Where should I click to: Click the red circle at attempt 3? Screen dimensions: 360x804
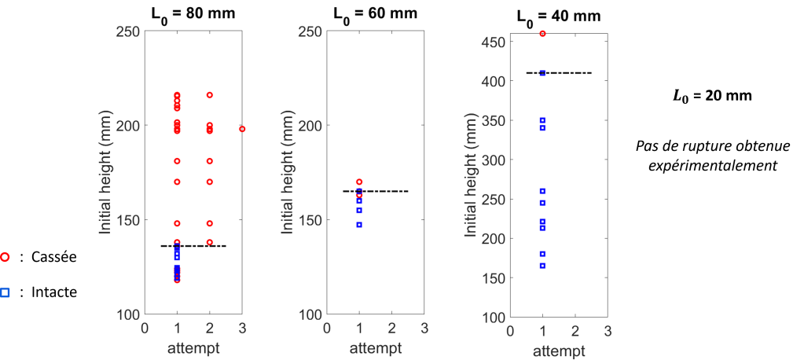[242, 129]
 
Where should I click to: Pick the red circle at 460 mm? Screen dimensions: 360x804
[542, 34]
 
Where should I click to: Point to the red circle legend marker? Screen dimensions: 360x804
[5, 257]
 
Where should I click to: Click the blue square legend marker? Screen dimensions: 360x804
[5, 293]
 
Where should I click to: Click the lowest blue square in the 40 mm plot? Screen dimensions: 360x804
[542, 266]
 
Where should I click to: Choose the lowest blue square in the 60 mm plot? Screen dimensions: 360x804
[359, 225]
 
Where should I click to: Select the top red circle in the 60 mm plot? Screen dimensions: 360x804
[359, 182]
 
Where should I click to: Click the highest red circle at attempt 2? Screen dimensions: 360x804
[210, 95]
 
